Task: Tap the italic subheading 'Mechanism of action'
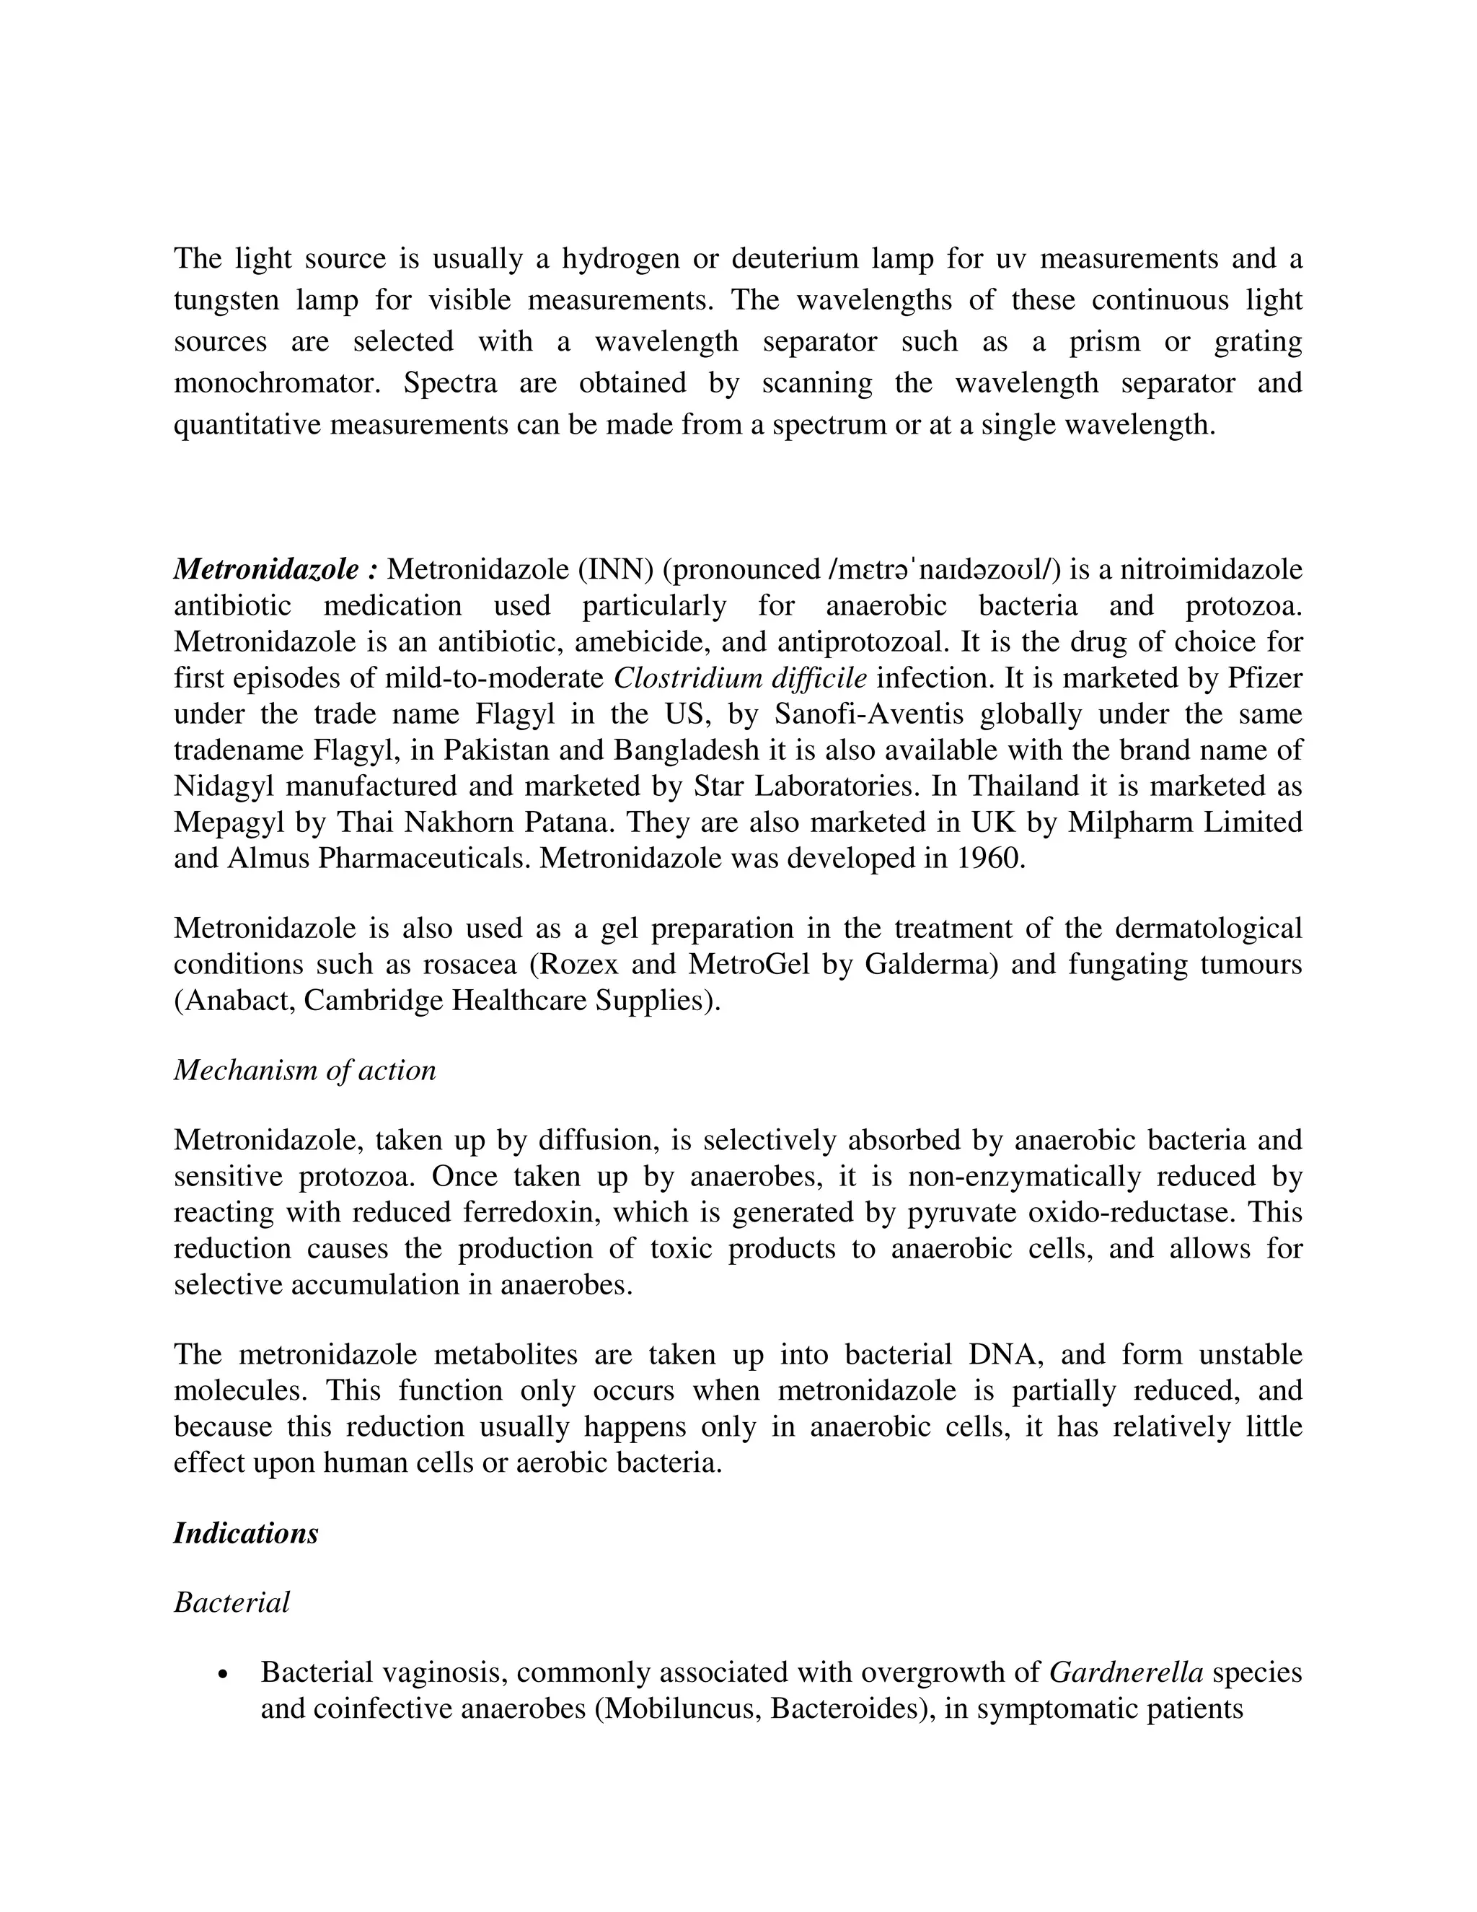(304, 1070)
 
